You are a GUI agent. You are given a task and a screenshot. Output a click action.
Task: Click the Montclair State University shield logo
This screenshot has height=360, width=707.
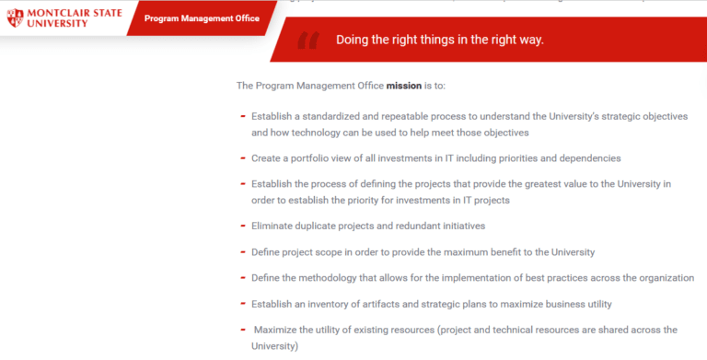point(12,17)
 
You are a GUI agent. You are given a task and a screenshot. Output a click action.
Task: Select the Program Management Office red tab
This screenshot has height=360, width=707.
point(202,18)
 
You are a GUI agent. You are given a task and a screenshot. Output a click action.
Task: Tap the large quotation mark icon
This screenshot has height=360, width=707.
point(308,40)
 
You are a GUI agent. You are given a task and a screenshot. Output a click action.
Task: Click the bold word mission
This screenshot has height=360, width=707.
point(403,86)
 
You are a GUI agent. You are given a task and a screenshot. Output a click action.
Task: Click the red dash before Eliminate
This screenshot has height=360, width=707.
point(242,225)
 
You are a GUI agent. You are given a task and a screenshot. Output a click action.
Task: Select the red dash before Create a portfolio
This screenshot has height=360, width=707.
point(242,157)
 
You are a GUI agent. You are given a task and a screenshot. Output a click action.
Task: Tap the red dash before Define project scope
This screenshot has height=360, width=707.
point(242,251)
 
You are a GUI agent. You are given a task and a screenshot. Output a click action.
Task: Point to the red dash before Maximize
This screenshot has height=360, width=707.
point(242,329)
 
